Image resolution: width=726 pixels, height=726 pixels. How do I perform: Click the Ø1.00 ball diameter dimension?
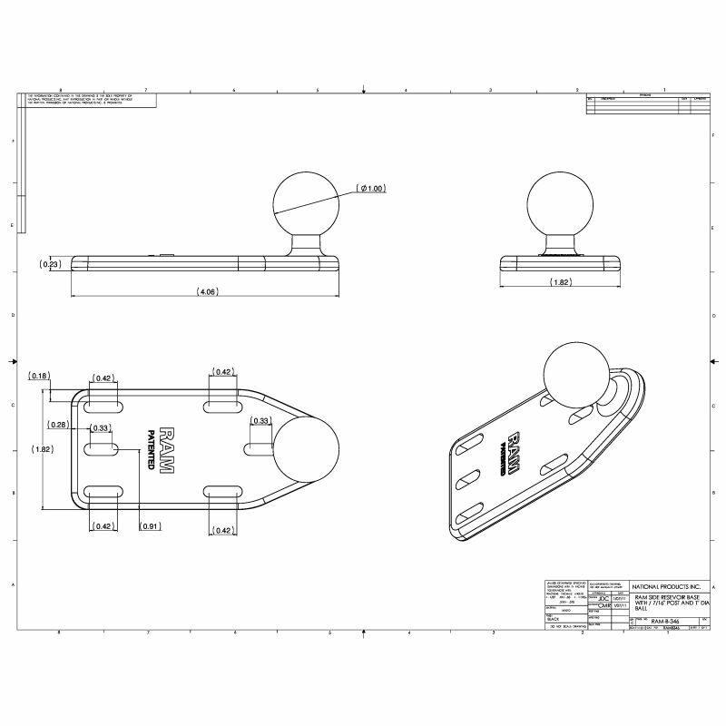[371, 188]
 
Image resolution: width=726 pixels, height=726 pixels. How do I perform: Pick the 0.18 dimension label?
[39, 375]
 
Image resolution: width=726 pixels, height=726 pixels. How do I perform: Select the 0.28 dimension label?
[59, 424]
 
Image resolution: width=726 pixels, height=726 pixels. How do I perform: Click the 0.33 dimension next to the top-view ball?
[260, 420]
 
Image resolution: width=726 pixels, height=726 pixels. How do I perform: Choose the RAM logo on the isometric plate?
[515, 450]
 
